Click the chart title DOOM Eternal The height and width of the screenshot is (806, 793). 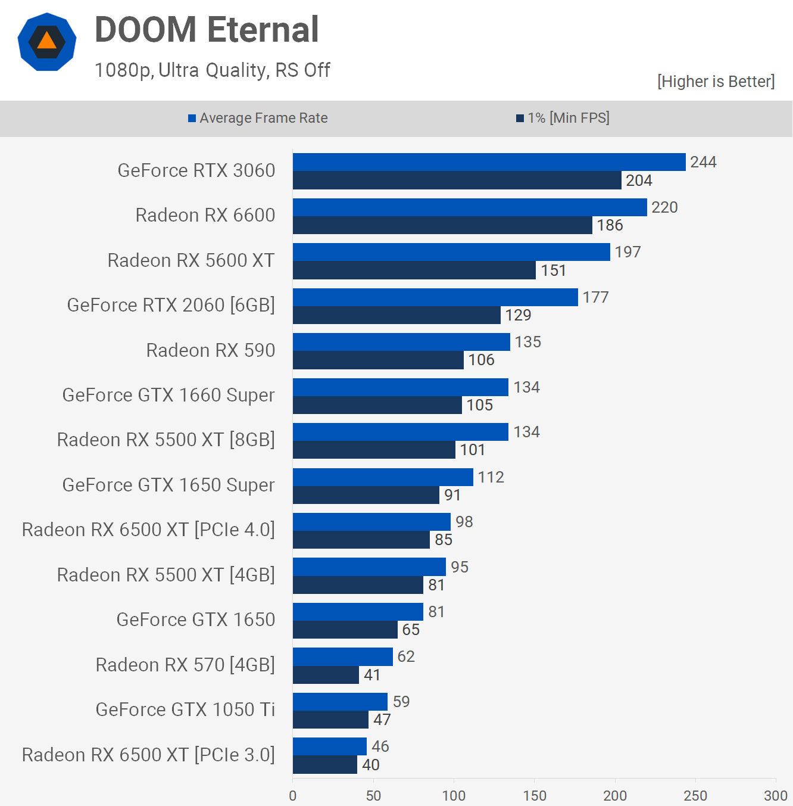[207, 30]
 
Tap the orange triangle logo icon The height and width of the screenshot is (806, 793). [47, 42]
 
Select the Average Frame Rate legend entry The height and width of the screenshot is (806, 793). [258, 118]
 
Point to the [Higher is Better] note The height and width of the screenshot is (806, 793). [716, 82]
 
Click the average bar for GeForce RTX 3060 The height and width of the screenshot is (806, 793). [489, 162]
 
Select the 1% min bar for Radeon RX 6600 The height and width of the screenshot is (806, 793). [442, 225]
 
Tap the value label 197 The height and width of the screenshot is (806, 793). [627, 252]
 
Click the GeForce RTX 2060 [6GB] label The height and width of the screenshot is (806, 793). [171, 305]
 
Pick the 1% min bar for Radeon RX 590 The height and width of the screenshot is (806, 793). [378, 360]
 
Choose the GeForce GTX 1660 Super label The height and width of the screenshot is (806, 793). [168, 395]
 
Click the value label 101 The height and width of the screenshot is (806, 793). [473, 450]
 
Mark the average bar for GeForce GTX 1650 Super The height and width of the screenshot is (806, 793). [383, 477]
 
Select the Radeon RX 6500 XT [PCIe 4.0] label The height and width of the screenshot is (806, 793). [148, 530]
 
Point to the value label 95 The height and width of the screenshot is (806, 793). [460, 567]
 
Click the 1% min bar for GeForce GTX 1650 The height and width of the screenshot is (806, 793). [345, 630]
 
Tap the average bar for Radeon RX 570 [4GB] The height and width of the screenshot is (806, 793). [342, 656]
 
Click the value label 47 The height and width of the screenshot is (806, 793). [382, 720]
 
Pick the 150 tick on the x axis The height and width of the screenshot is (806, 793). [534, 795]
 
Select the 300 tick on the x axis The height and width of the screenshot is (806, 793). [775, 795]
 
